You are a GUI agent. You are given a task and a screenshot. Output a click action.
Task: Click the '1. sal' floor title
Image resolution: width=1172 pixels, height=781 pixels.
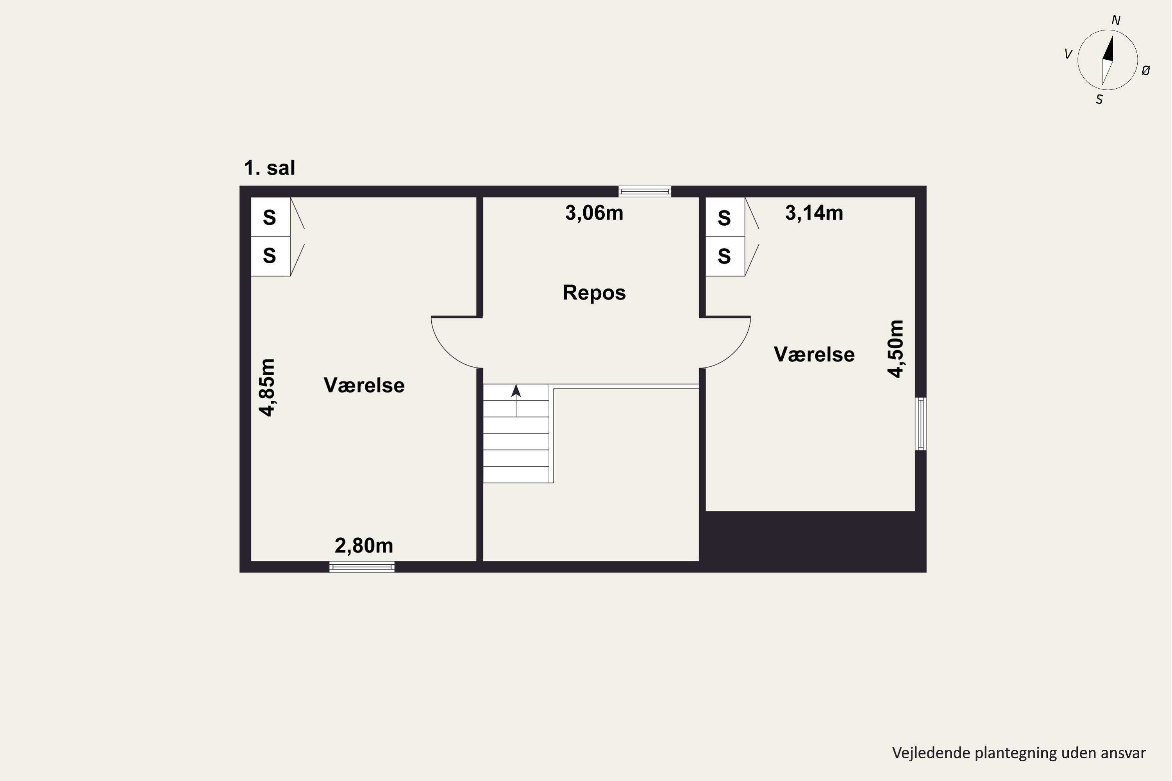[269, 168]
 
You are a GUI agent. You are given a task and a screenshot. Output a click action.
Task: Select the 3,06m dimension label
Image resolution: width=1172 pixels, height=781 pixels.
[594, 213]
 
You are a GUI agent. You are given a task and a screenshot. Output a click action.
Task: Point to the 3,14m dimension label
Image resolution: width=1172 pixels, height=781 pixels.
[814, 213]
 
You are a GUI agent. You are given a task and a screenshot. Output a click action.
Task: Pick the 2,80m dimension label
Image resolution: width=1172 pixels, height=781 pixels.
[364, 546]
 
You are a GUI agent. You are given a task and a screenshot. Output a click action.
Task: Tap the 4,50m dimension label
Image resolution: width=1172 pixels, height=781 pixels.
[895, 349]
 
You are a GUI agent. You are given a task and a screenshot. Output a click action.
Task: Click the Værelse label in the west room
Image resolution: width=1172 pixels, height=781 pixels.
[364, 385]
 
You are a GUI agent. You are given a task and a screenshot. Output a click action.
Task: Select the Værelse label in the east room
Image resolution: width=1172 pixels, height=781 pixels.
[814, 354]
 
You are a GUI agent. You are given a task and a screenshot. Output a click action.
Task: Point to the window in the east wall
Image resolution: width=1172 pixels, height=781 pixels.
[921, 423]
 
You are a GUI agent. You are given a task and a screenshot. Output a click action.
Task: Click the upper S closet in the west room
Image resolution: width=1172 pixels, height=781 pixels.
[270, 217]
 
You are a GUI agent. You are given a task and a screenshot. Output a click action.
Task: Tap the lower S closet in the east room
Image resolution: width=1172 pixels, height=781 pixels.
[725, 256]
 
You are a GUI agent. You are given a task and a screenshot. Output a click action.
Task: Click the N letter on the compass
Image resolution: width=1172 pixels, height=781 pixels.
[1116, 20]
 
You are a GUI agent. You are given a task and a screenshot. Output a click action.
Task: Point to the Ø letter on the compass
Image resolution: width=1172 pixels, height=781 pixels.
[1145, 71]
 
